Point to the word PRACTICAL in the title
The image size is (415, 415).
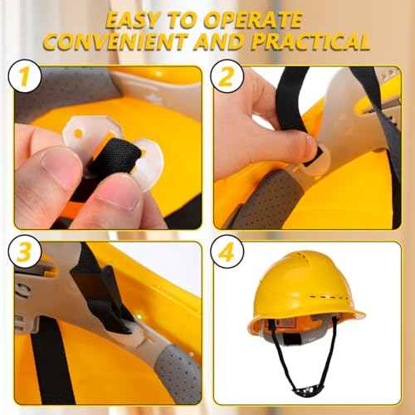coord(306,41)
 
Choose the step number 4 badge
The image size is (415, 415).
coord(227,252)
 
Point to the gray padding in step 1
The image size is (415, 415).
coord(58,95)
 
